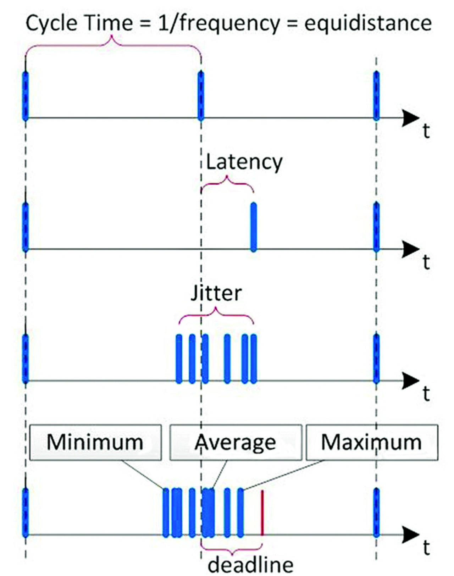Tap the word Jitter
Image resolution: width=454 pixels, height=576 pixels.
point(216,294)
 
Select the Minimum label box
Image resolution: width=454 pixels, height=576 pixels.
point(95,443)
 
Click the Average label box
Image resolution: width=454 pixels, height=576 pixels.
point(236,443)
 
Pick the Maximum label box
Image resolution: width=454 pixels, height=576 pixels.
point(372,443)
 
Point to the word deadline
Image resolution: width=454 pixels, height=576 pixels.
point(250,564)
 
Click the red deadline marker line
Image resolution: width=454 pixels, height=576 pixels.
point(262,513)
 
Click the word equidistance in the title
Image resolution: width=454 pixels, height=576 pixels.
point(368,23)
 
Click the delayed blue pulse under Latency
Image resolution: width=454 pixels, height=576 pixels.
point(253,227)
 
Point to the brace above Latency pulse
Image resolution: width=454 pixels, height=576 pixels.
point(227,183)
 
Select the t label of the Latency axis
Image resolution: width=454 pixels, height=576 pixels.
point(426,262)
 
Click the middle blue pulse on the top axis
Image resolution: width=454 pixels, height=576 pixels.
point(201,96)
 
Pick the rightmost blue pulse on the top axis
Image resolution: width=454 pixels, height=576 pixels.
point(376,96)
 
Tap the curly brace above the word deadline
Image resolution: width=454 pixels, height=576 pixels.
point(232,551)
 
